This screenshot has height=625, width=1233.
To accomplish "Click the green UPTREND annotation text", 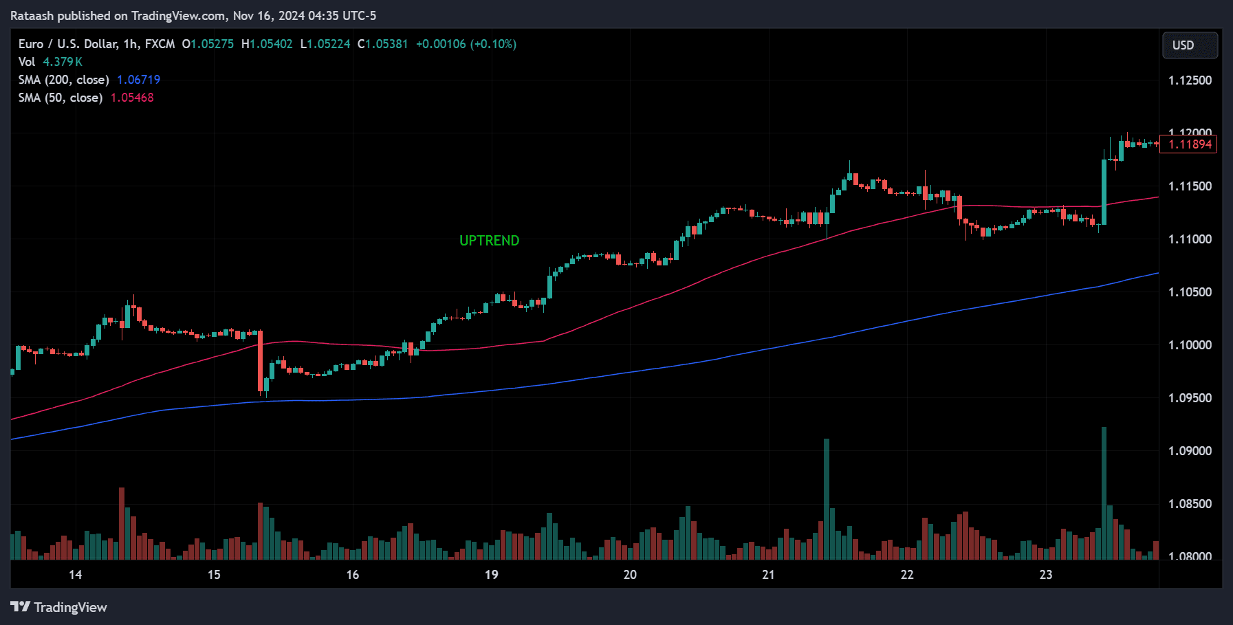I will coord(489,241).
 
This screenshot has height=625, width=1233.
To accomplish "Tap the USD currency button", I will coord(1189,45).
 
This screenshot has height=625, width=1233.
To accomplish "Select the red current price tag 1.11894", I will coord(1189,144).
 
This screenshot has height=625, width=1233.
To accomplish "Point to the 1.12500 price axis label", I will coord(1190,80).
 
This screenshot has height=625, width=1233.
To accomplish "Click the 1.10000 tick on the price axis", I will coord(1190,345).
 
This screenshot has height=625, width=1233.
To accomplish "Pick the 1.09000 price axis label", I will coord(1190,451).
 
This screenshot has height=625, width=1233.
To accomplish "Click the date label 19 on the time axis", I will coord(491,575).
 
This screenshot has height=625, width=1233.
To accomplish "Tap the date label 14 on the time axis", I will coord(75,575).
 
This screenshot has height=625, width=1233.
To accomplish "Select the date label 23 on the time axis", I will coord(1045,575).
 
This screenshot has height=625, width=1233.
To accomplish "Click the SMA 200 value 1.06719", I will coord(138,80).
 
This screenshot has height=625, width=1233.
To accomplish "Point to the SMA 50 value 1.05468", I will coord(132,98).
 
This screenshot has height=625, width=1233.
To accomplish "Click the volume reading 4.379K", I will coord(63,62).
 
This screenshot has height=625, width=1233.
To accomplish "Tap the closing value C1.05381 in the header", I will coord(383,44).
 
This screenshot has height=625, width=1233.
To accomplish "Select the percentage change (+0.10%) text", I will coord(493,44).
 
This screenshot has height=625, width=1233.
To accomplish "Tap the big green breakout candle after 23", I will coord(1104,193).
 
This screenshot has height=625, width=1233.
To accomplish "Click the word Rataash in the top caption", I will coord(32,16).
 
